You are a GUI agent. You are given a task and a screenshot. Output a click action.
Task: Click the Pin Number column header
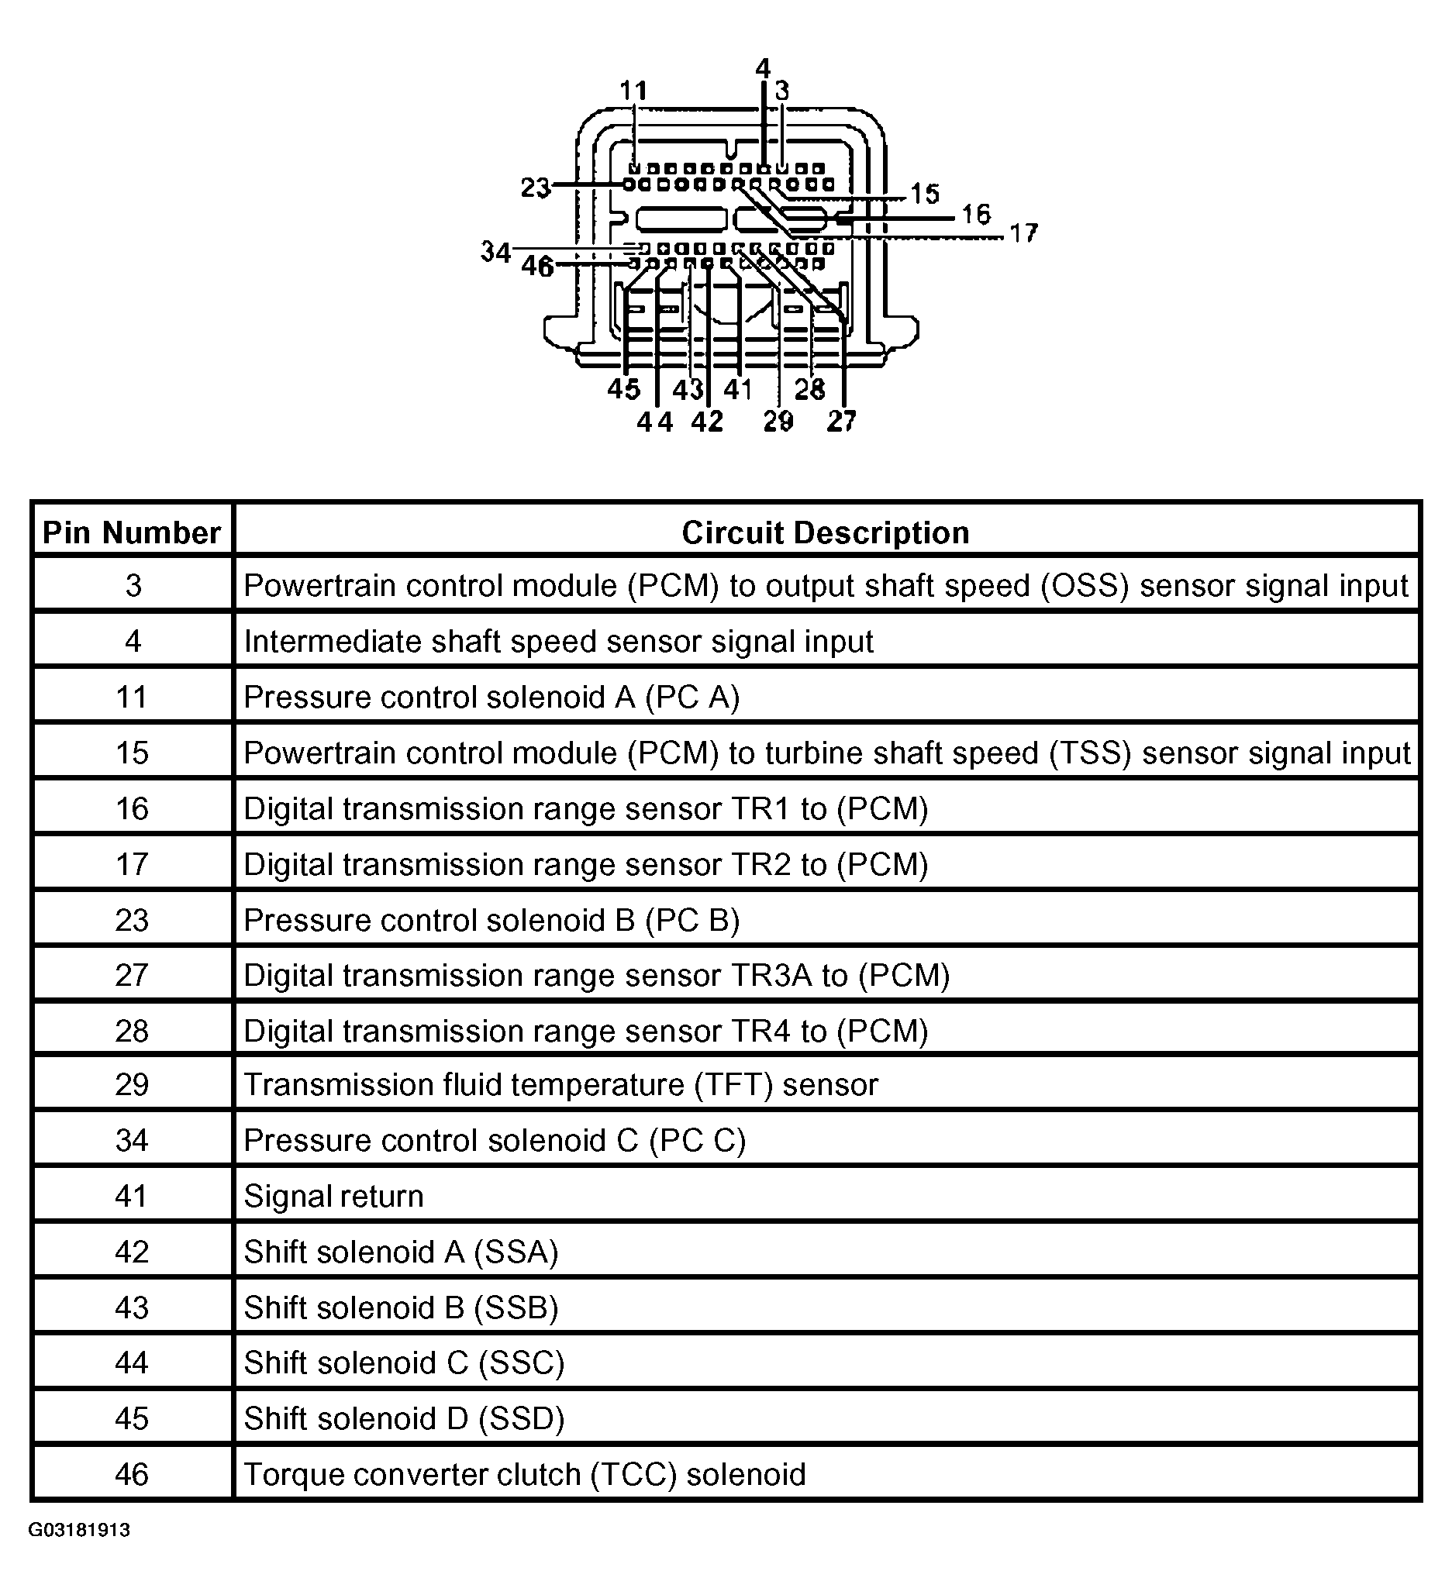pos(131,533)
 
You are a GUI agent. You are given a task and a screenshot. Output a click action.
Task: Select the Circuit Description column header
pos(826,533)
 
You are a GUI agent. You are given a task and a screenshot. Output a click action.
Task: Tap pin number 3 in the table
pos(133,585)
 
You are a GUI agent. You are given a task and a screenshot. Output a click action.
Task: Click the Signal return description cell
pos(333,1197)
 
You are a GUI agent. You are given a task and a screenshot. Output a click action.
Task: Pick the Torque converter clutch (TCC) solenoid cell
pos(525,1475)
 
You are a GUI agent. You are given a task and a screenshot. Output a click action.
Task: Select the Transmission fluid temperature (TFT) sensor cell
pos(560,1085)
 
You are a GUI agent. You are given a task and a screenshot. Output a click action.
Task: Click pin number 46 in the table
pos(131,1475)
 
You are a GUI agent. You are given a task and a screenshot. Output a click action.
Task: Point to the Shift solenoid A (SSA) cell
pos(400,1252)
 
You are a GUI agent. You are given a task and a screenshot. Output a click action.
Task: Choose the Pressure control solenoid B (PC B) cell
pos(491,920)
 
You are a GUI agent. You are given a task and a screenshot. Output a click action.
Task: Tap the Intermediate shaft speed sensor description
pos(558,642)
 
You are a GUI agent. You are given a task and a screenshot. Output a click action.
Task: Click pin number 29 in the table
pos(131,1085)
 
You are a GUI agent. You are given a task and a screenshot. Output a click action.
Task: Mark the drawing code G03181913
pos(79,1552)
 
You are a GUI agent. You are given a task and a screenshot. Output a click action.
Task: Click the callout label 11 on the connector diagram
pos(633,91)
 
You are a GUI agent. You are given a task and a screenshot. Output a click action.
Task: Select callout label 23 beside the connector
pos(536,188)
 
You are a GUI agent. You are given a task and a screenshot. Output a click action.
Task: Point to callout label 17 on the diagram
pos(1023,233)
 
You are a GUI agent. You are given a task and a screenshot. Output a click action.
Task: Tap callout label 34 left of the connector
pos(496,252)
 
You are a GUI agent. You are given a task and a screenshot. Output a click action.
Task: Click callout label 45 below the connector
pos(623,389)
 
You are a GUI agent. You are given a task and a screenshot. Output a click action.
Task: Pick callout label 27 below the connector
pos(841,422)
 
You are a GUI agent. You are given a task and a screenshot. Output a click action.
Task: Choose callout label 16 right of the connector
pos(977,214)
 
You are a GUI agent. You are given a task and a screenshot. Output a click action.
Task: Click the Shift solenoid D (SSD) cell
pos(404,1418)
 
